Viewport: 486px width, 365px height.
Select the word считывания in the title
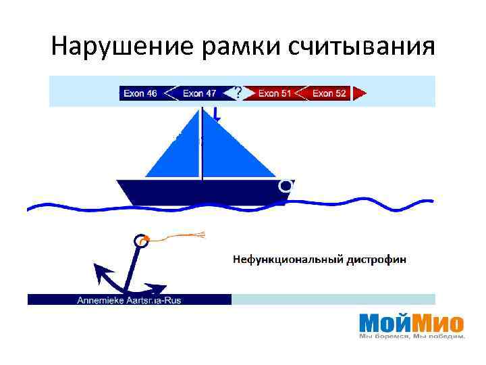pos(360,47)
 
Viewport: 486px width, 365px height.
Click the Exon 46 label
pos(140,93)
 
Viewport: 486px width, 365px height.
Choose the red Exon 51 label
pos(275,93)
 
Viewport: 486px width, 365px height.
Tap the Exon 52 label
pos(329,93)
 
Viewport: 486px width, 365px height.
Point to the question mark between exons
pos(238,91)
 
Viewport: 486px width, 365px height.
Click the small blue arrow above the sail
pos(215,114)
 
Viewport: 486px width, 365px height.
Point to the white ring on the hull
pos(286,185)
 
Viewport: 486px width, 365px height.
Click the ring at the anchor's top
pos(140,240)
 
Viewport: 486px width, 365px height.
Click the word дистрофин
pos(377,259)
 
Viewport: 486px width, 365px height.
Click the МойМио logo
pos(411,322)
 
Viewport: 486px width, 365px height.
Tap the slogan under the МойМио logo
pos(412,336)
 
